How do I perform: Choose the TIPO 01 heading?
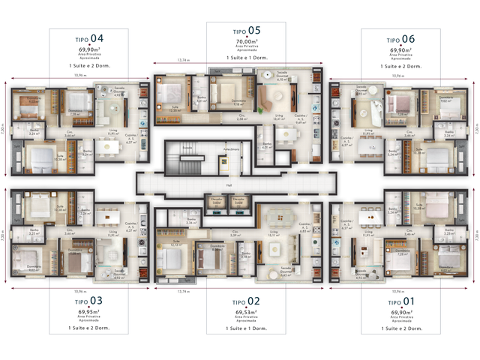(x=398, y=301)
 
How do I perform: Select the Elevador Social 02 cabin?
(x=239, y=202)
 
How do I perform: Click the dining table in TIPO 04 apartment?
(x=111, y=147)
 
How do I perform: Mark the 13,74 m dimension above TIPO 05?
(x=182, y=59)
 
